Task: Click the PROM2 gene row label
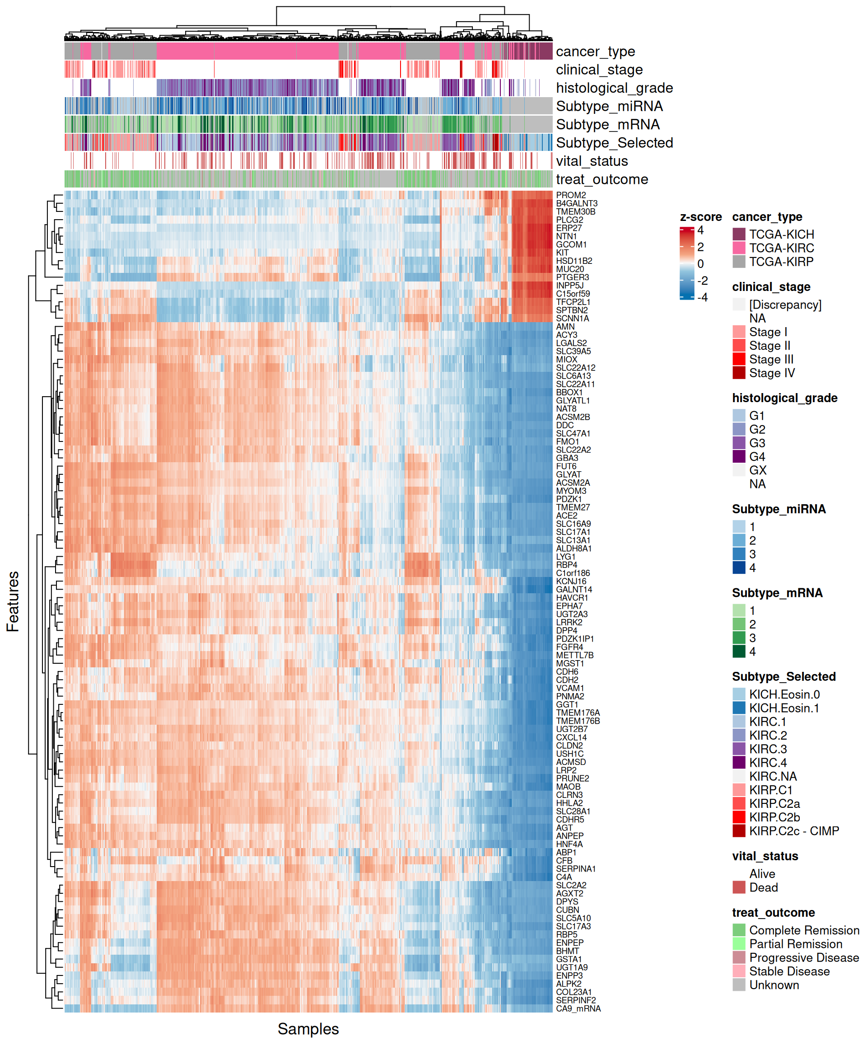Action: pyautogui.click(x=571, y=195)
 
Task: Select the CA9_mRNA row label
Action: pyautogui.click(x=578, y=1008)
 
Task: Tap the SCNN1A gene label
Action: pyautogui.click(x=572, y=318)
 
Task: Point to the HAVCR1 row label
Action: pyautogui.click(x=572, y=597)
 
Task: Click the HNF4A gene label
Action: pyautogui.click(x=569, y=844)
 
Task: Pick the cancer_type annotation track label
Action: pyautogui.click(x=595, y=52)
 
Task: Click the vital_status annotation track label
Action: pyautogui.click(x=592, y=161)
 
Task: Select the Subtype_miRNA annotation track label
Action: pyautogui.click(x=609, y=106)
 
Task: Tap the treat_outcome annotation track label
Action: pyautogui.click(x=601, y=179)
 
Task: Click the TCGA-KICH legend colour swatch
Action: pyautogui.click(x=739, y=234)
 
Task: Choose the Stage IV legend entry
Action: pyautogui.click(x=771, y=373)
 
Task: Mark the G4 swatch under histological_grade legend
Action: pyautogui.click(x=739, y=456)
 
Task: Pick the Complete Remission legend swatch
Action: pyautogui.click(x=739, y=930)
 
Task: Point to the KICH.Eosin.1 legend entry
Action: pyautogui.click(x=784, y=708)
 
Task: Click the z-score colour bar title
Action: pyautogui.click(x=700, y=217)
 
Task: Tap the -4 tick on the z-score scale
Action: pyautogui.click(x=702, y=297)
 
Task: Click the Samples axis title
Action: pyautogui.click(x=308, y=1029)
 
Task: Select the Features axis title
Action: pyautogui.click(x=13, y=601)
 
